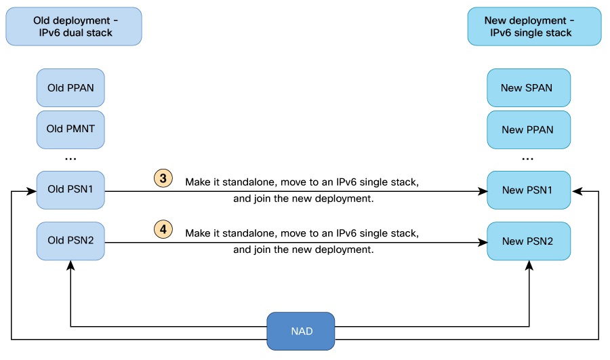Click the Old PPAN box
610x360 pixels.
[70, 87]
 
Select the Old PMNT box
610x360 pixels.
[70, 129]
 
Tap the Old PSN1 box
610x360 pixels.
[70, 191]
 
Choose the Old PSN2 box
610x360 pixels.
[70, 241]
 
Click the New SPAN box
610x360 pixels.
[527, 87]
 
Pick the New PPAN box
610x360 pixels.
[527, 129]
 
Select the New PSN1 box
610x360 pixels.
[527, 191]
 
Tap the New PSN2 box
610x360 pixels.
[527, 241]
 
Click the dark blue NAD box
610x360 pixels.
[300, 331]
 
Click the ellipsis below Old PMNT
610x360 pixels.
[70, 159]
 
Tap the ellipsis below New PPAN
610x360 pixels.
[527, 159]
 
